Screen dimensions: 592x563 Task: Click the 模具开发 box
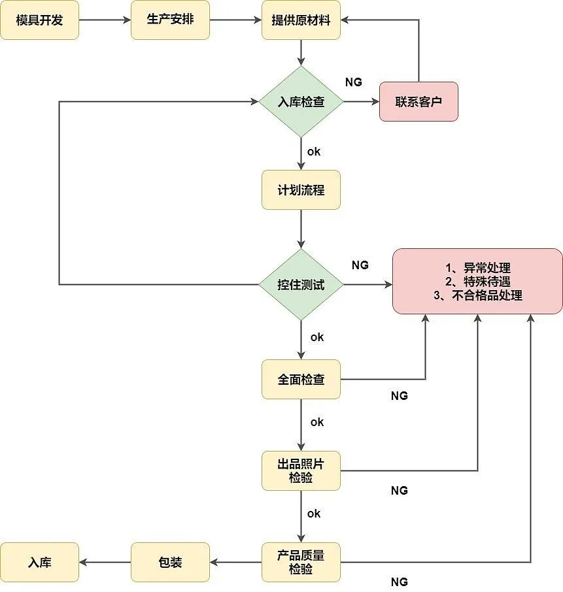click(x=39, y=20)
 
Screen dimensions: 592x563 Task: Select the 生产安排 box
click(x=170, y=20)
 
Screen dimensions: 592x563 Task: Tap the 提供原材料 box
click(x=301, y=20)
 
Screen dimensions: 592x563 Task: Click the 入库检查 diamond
click(x=301, y=102)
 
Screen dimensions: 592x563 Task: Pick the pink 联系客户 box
click(x=418, y=102)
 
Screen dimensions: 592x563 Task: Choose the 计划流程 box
click(x=301, y=190)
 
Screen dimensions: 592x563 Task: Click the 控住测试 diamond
click(x=301, y=285)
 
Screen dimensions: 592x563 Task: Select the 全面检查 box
click(x=301, y=379)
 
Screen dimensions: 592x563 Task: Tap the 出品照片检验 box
click(x=301, y=470)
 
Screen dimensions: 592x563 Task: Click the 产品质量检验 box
click(x=301, y=562)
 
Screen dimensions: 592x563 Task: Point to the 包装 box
click(x=170, y=562)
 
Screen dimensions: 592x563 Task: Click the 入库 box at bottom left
click(x=39, y=562)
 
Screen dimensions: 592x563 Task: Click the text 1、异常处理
click(x=477, y=268)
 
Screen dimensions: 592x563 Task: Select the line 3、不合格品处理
click(x=477, y=295)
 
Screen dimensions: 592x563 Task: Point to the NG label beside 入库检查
click(x=353, y=82)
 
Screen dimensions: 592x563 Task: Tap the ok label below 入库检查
click(x=314, y=151)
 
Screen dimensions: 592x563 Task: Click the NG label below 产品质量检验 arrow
click(x=399, y=582)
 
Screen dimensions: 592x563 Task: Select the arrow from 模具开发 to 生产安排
click(x=105, y=20)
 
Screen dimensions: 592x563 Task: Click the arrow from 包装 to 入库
click(x=105, y=562)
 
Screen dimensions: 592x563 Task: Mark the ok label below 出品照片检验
click(x=314, y=514)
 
